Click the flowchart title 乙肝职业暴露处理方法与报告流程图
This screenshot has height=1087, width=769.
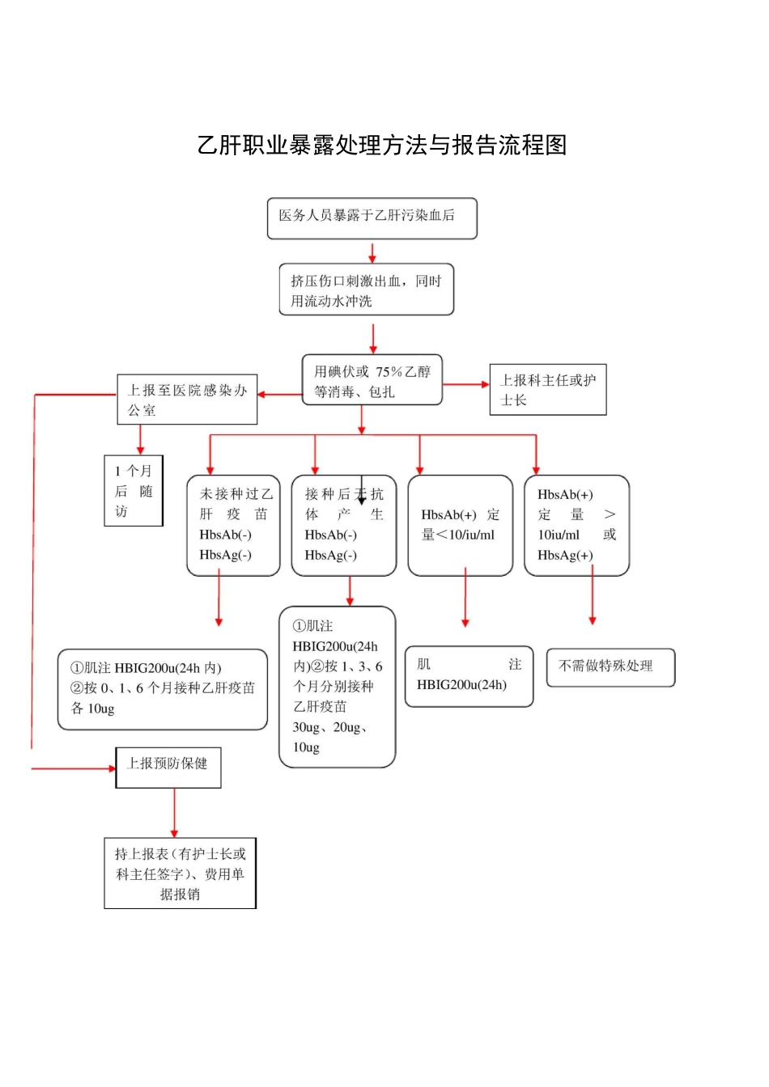pos(381,146)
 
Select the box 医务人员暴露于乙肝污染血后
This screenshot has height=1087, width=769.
pos(372,218)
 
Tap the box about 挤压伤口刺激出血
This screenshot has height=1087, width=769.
pos(366,290)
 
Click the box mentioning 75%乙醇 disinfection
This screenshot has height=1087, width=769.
pos(372,380)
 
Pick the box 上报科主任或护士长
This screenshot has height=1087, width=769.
pos(547,390)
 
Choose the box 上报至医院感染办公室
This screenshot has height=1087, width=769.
pos(187,400)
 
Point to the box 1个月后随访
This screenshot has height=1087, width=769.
pos(134,491)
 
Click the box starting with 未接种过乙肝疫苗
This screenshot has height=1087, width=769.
pos(233,525)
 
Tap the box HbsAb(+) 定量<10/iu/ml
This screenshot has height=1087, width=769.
pos(460,525)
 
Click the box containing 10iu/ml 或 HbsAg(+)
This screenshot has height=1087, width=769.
pos(576,525)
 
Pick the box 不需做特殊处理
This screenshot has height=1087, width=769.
pos(610,667)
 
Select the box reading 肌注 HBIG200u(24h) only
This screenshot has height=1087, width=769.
pos(469,676)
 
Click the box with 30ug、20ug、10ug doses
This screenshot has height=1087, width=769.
pos(337,687)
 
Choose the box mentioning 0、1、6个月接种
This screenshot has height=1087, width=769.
pos(162,689)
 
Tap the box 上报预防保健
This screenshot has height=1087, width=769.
pos(168,767)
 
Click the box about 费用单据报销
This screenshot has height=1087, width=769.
pos(180,873)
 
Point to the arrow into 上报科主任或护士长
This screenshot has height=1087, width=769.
pos(467,384)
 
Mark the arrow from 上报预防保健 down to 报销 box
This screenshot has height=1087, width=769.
pos(174,813)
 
